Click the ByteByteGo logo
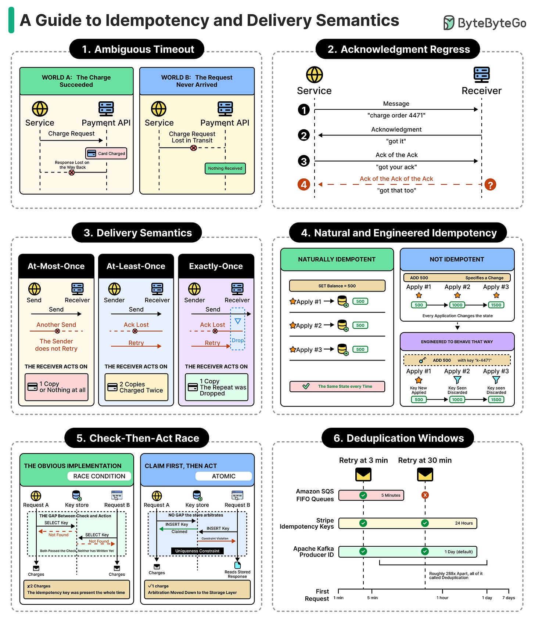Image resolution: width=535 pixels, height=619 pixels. pos(485,23)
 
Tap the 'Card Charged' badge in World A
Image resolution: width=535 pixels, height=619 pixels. pos(106,153)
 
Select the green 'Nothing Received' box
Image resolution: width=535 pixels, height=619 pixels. pos(225,169)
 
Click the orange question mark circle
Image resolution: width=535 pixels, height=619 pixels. pos(490,184)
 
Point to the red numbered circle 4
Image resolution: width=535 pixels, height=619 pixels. pos(304,184)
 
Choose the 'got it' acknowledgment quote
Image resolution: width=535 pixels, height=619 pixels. pos(396,141)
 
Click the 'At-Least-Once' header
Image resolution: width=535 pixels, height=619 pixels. pos(136,266)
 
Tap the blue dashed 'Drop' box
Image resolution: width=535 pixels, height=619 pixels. pos(237,329)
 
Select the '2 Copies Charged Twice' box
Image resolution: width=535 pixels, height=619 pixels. pos(136,387)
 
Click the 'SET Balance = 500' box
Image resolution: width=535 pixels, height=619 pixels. pos(337,286)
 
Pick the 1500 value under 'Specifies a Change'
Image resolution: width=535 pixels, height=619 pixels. pos(496,305)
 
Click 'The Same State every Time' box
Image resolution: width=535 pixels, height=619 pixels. pos(337,386)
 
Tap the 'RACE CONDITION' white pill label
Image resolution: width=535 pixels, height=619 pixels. pos(99,476)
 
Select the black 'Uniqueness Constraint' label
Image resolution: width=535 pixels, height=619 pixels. pos(197,551)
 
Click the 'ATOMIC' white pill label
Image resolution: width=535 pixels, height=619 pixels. pos(223,476)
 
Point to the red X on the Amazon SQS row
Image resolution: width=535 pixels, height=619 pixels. pos(425,495)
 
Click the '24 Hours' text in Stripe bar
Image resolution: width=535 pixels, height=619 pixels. pos(464,523)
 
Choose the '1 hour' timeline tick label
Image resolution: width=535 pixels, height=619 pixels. pos(442,598)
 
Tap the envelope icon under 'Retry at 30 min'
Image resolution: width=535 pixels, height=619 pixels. pos(425,475)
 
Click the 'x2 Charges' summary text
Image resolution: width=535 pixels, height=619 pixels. pos(39,586)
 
